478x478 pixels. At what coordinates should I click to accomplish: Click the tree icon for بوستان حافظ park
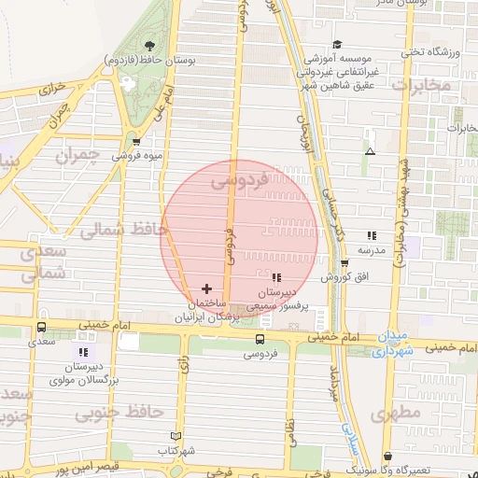pyautogui.click(x=150, y=45)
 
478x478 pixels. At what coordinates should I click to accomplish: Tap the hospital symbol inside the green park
pyautogui.click(x=128, y=83)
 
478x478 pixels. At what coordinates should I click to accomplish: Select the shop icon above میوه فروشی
pyautogui.click(x=138, y=142)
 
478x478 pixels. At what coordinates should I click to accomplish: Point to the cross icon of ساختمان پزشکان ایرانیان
pyautogui.click(x=206, y=289)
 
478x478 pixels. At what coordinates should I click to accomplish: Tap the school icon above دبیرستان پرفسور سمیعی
pyautogui.click(x=275, y=277)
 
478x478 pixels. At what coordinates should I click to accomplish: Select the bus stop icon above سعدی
pyautogui.click(x=41, y=328)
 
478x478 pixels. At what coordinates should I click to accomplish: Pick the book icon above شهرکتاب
pyautogui.click(x=176, y=436)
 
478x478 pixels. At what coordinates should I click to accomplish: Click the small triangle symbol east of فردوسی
pyautogui.click(x=371, y=151)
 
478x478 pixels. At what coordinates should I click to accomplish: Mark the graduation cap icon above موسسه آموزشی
pyautogui.click(x=336, y=44)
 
